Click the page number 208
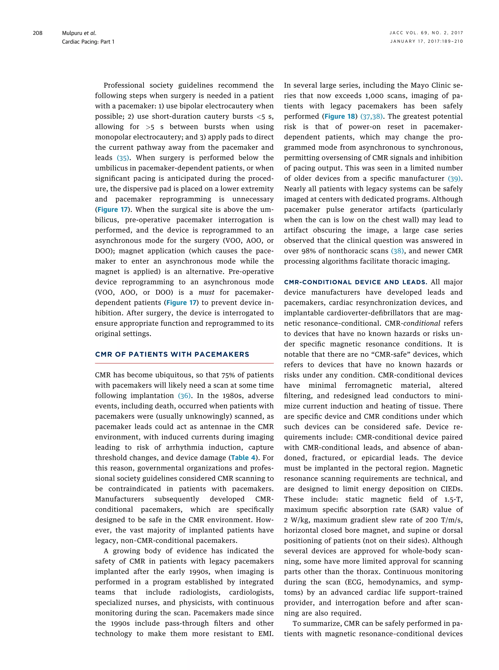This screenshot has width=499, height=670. coord(38,33)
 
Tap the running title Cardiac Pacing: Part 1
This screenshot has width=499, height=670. coord(88,42)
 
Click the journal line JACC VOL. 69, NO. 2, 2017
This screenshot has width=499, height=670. coord(426,33)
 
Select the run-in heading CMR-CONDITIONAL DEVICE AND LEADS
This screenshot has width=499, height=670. coord(355,282)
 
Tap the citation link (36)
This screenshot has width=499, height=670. coord(184,396)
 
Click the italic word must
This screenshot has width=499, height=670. coord(206,292)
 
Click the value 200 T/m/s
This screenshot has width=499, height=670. coord(443,520)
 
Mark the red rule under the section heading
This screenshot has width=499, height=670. coord(184,363)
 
